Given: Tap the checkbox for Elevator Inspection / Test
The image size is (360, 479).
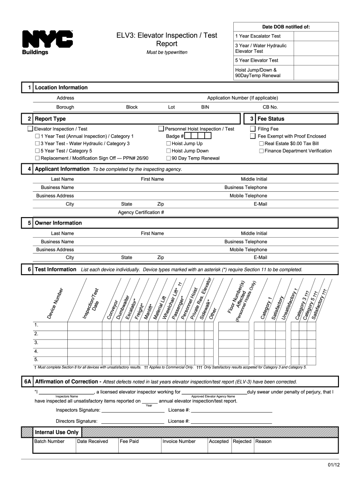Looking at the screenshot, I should pyautogui.click(x=30, y=129).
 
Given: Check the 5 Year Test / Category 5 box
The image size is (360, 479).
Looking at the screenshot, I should pyautogui.click(x=38, y=151).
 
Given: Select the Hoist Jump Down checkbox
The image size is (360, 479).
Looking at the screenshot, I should pyautogui.click(x=169, y=151).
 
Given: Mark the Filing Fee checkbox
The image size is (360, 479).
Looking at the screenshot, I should pyautogui.click(x=253, y=129).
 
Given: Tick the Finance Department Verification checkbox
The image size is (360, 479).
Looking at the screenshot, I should pyautogui.click(x=261, y=151).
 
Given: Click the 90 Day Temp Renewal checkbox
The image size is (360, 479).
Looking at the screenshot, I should pyautogui.click(x=169, y=159).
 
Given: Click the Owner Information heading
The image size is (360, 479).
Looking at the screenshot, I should pyautogui.click(x=58, y=223).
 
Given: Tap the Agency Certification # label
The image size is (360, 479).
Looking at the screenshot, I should pyautogui.click(x=141, y=212).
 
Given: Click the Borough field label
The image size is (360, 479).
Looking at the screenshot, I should pyautogui.click(x=65, y=107).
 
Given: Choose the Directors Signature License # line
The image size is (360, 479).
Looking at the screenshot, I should pyautogui.click(x=231, y=421).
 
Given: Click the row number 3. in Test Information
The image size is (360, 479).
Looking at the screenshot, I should pyautogui.click(x=36, y=342).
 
